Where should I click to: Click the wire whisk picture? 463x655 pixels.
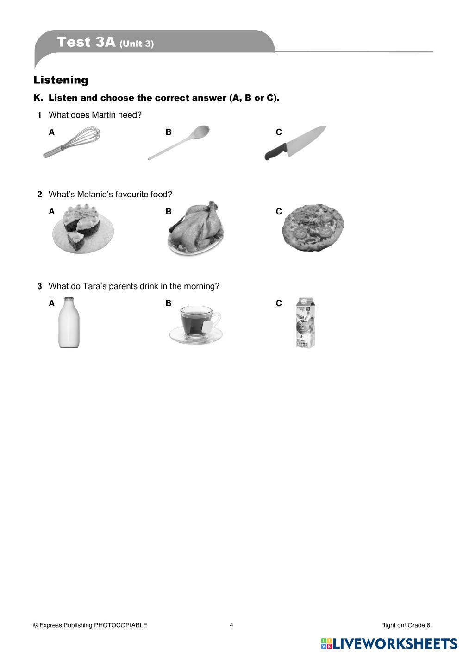pyautogui.click(x=72, y=143)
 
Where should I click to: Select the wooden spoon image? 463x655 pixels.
pyautogui.click(x=179, y=143)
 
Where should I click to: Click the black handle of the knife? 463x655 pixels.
pyautogui.click(x=274, y=152)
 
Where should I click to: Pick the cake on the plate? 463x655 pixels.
pyautogui.click(x=82, y=229)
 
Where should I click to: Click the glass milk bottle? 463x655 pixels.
pyautogui.click(x=69, y=323)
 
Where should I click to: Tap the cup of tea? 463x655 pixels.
pyautogui.click(x=195, y=324)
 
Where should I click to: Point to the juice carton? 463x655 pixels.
pyautogui.click(x=306, y=323)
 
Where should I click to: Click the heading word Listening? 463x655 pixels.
pyautogui.click(x=61, y=80)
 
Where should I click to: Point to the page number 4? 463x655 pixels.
pyautogui.click(x=231, y=625)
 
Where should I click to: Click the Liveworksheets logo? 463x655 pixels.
pyautogui.click(x=389, y=643)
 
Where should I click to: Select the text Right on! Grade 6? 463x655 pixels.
pyautogui.click(x=405, y=625)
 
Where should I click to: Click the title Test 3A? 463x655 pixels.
pyautogui.click(x=86, y=42)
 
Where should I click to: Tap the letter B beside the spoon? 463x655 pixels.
pyautogui.click(x=169, y=132)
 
